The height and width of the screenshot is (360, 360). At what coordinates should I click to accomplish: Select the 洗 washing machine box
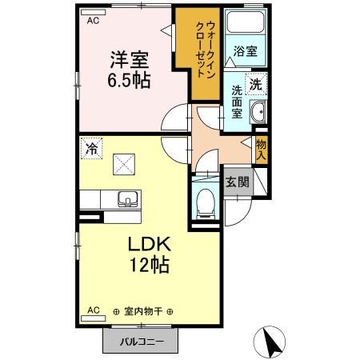(x=256, y=82)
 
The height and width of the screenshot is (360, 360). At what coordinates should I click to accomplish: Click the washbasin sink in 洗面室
(x=258, y=114)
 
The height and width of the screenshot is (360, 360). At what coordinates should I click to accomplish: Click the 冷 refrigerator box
(x=93, y=148)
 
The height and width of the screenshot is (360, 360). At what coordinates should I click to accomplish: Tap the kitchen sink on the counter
(x=126, y=200)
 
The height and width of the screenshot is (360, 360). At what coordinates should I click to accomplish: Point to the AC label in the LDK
(x=93, y=309)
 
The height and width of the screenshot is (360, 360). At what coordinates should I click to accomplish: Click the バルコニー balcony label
(x=143, y=341)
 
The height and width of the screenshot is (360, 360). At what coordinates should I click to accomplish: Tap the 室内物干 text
(x=143, y=310)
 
